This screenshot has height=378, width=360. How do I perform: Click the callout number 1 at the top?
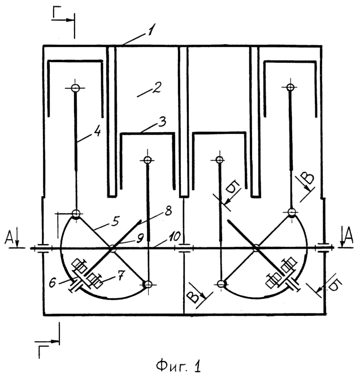[x=151, y=29]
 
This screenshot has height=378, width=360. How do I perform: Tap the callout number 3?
[x=163, y=121]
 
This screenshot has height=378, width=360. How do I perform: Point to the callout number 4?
[x=97, y=132]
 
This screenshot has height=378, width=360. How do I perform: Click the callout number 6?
[x=53, y=283]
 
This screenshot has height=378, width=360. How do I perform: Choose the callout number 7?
[x=121, y=275]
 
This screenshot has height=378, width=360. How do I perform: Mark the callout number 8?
[x=168, y=210]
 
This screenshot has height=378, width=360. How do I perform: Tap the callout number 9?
[x=140, y=238]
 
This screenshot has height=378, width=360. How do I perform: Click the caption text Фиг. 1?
[x=178, y=366]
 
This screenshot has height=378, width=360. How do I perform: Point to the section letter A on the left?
[x=9, y=238]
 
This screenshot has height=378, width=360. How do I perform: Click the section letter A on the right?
[x=348, y=236]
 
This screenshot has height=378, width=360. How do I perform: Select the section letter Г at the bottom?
[x=43, y=352]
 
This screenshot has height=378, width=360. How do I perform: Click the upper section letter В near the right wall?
[x=308, y=179]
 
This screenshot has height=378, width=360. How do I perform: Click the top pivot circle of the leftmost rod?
[x=75, y=88]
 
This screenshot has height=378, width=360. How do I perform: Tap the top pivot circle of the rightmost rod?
[x=290, y=87]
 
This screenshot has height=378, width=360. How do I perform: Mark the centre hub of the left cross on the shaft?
[x=112, y=248]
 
